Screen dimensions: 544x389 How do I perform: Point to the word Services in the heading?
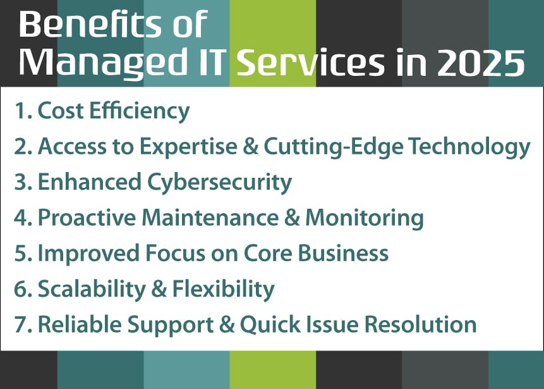(310, 63)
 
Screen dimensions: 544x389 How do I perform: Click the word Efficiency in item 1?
(140, 111)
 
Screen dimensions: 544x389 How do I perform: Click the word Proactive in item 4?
(87, 218)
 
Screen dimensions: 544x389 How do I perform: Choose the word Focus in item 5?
(175, 253)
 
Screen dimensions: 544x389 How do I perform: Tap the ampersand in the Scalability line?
(159, 289)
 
